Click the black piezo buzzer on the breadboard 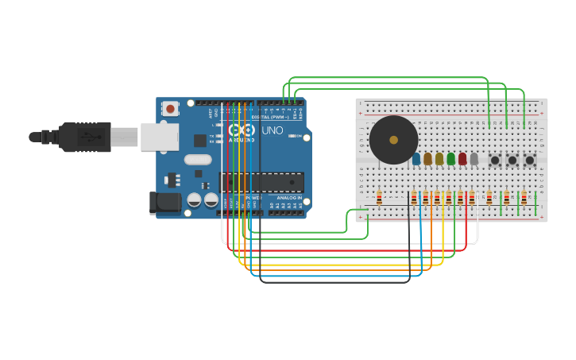[393, 140]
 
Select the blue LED [416, 159]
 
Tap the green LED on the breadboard [451, 159]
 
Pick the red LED [462, 159]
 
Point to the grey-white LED [474, 159]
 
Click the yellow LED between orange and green [439, 159]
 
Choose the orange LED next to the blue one [427, 159]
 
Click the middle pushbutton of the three [512, 160]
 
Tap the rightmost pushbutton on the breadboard [529, 160]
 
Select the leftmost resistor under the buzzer [379, 198]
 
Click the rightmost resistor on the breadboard [524, 198]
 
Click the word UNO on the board [272, 130]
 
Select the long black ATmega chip [261, 182]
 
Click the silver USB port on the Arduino [159, 137]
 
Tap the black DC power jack [165, 203]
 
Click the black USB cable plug [84, 137]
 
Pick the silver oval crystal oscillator [198, 160]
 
